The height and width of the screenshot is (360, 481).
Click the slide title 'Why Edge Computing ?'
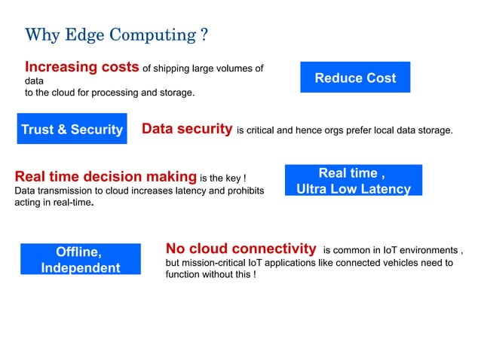(117, 35)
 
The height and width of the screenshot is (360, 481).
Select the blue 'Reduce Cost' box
(355, 78)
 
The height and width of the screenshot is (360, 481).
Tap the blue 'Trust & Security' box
(72, 130)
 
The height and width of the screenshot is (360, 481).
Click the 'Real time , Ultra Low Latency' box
(354, 181)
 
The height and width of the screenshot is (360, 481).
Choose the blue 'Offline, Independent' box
(81, 259)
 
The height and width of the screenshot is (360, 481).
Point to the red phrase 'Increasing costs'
(82, 68)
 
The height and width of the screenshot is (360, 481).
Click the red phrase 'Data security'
(187, 129)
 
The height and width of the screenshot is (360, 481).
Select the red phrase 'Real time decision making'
(106, 177)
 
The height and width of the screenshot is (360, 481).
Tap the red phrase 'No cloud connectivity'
(240, 249)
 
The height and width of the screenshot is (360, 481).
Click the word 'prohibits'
(244, 191)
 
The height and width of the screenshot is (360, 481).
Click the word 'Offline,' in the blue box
(79, 252)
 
